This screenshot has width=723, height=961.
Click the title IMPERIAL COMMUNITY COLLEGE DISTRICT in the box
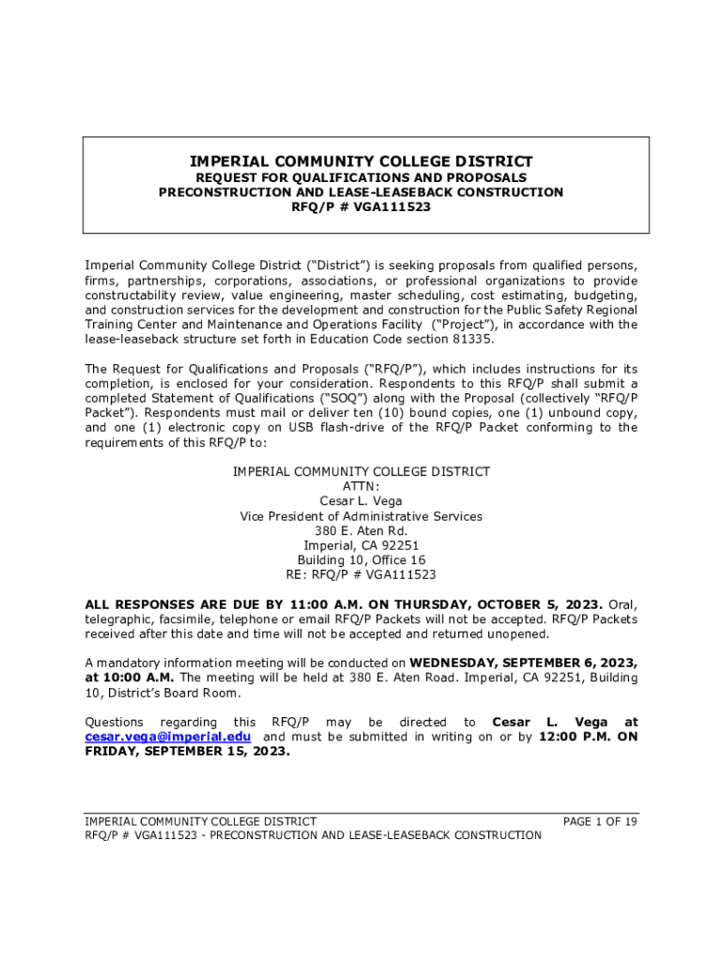coord(361,160)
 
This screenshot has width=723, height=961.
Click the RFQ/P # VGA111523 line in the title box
coord(361,207)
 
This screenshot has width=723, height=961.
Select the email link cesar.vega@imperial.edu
coord(168,737)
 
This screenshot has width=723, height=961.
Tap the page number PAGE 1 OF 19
coord(600,821)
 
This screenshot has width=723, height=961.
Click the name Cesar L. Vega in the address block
coord(361,501)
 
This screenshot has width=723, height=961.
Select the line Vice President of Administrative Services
coord(361,516)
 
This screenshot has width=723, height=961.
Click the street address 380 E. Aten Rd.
coord(361,530)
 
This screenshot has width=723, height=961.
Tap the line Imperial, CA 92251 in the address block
coord(361,545)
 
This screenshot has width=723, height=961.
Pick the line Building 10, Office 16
coord(361,560)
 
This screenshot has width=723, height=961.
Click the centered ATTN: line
coord(361,486)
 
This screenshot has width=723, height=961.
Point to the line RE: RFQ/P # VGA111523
coord(361,574)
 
